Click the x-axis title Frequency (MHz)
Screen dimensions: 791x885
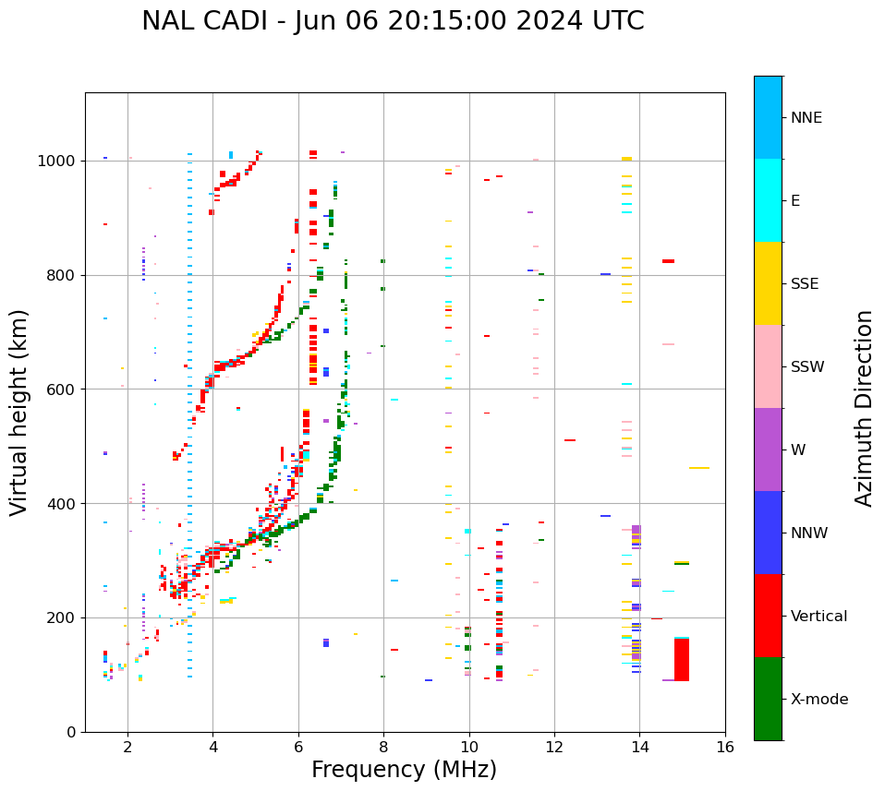[x=404, y=770]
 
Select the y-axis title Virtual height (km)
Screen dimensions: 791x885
[x=19, y=412]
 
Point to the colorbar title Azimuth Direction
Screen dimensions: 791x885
[x=864, y=407]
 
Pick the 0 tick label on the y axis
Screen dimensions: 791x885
[x=71, y=732]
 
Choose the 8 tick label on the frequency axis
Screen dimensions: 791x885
[x=383, y=746]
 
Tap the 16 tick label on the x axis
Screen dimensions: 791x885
[x=725, y=746]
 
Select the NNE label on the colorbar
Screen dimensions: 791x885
[x=806, y=118]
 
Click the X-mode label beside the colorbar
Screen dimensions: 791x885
[x=819, y=700]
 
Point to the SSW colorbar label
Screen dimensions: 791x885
[x=807, y=367]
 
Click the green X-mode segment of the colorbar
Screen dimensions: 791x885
[x=768, y=699]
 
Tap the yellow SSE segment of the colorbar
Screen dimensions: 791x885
[x=768, y=283]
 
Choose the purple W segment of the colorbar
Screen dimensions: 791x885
[x=768, y=449]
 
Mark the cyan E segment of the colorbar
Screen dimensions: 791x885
[x=768, y=200]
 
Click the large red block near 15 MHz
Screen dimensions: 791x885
[x=682, y=659]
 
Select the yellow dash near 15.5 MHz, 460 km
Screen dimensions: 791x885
[x=699, y=468]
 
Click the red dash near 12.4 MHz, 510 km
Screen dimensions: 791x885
[x=570, y=440]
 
